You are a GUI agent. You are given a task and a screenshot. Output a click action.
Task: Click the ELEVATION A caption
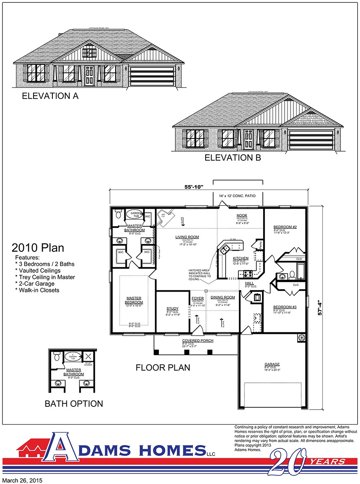pyautogui.click(x=50, y=96)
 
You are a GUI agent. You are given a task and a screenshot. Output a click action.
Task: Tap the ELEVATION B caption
pyautogui.click(x=233, y=158)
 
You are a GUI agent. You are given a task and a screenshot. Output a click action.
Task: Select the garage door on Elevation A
pyautogui.click(x=152, y=76)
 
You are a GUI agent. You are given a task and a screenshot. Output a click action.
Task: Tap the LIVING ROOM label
pyautogui.click(x=187, y=237)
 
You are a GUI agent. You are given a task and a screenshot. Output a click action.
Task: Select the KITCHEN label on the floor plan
pyautogui.click(x=240, y=258)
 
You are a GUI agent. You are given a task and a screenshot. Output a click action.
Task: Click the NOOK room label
pyautogui.click(x=242, y=216)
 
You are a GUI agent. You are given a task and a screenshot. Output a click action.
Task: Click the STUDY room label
pyautogui.click(x=172, y=308)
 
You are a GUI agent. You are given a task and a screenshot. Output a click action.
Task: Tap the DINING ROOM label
pyautogui.click(x=222, y=298)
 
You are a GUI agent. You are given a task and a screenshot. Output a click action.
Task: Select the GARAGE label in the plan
pyautogui.click(x=272, y=364)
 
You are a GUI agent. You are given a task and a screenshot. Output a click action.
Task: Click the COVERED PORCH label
pyautogui.click(x=198, y=340)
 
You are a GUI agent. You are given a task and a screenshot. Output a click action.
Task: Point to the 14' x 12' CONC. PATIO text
pyautogui.click(x=238, y=196)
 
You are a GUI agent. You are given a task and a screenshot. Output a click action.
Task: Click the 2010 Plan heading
pyautogui.click(x=38, y=248)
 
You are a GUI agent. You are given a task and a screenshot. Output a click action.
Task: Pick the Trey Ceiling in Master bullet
pyautogui.click(x=45, y=277)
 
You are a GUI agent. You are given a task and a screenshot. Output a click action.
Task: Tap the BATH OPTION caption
pyautogui.click(x=74, y=404)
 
